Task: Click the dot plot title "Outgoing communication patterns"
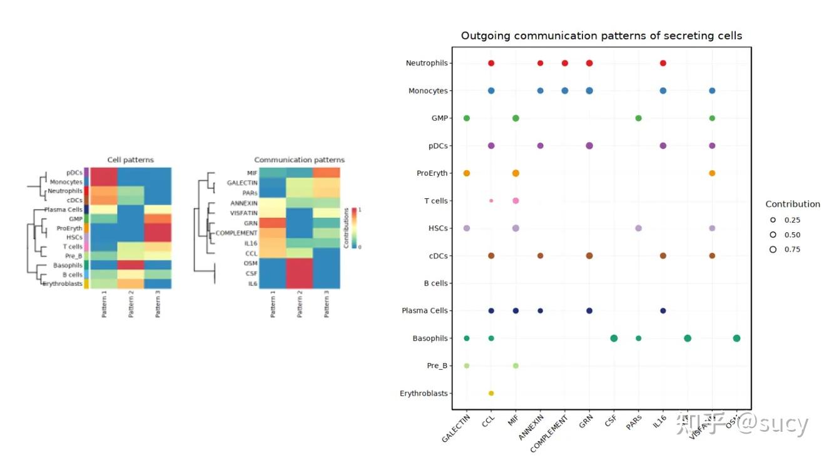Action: click(x=601, y=36)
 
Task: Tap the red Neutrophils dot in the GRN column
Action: click(x=589, y=63)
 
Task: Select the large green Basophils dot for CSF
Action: click(x=614, y=339)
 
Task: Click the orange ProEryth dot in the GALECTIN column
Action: click(x=467, y=173)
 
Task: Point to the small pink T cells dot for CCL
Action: click(x=491, y=201)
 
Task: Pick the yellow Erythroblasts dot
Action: click(x=491, y=393)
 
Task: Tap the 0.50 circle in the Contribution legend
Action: click(x=773, y=235)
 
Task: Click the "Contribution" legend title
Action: click(x=792, y=204)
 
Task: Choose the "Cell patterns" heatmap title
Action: click(x=130, y=160)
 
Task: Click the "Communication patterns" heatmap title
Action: click(x=299, y=160)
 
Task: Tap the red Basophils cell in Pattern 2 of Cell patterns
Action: click(x=131, y=265)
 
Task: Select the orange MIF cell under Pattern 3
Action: click(x=326, y=173)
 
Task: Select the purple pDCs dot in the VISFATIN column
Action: click(x=712, y=146)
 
